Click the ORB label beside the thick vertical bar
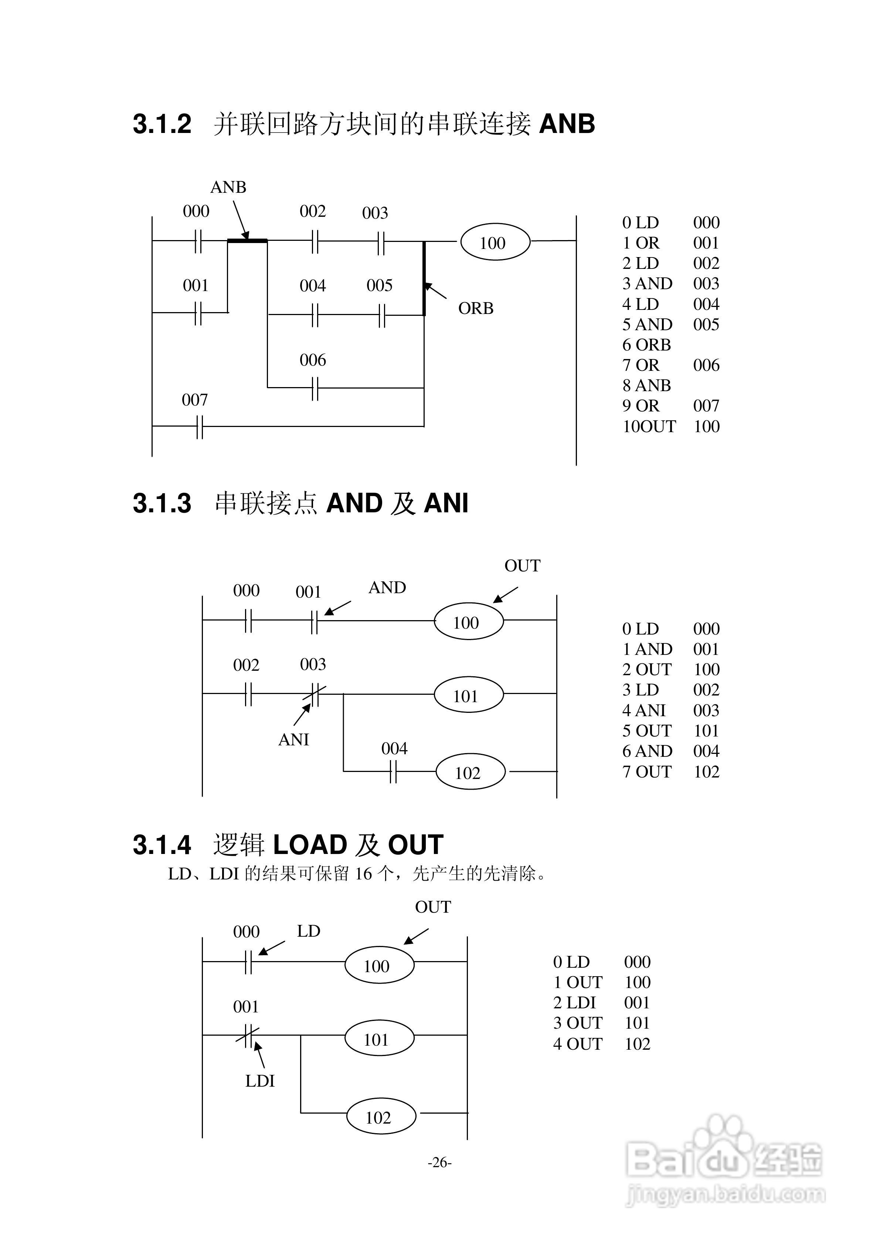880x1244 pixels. pos(476,308)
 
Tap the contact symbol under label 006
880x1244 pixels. pos(315,388)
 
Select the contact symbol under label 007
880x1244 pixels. pos(199,426)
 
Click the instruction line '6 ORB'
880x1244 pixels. pos(646,345)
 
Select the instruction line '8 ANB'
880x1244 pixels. pos(646,385)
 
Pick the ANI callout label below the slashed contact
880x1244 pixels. pos(293,739)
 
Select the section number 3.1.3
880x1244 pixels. pos(162,503)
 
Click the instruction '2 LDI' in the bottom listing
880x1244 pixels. pos(574,1002)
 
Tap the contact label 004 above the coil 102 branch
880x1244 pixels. pos(394,748)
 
